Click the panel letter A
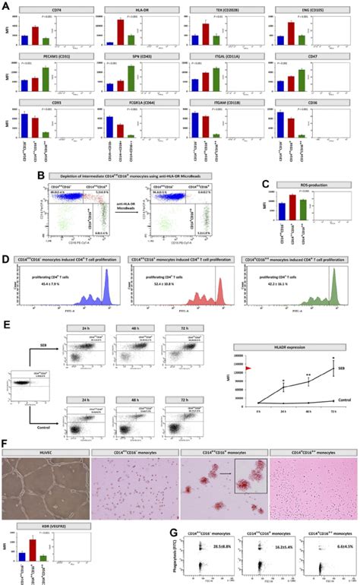5,6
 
